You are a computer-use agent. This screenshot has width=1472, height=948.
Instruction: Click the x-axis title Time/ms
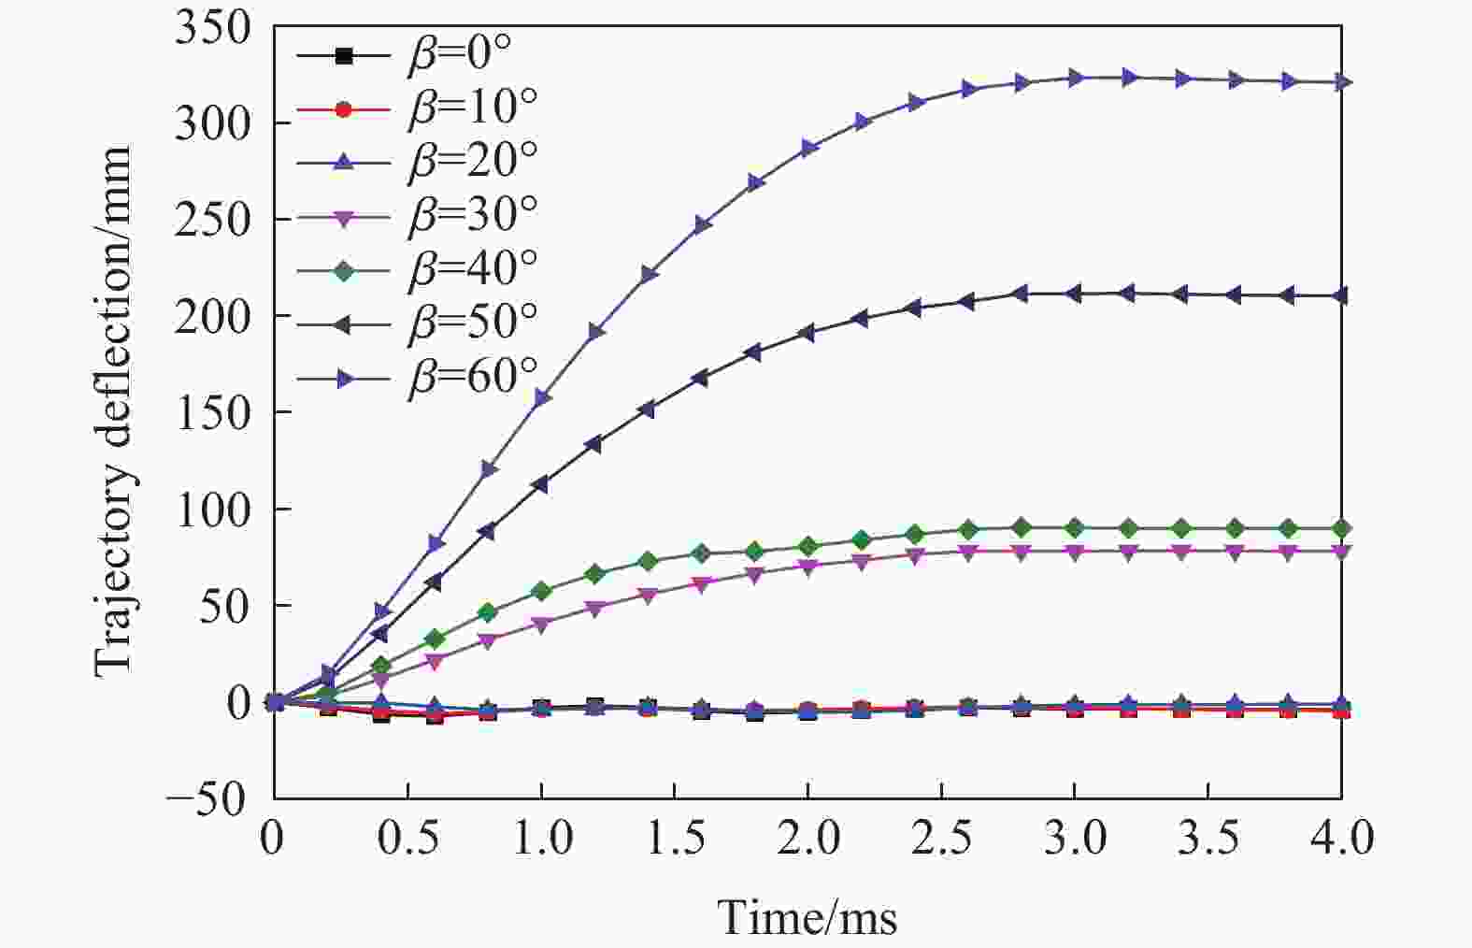pos(807,918)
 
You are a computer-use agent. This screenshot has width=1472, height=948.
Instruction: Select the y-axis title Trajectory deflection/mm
pos(114,411)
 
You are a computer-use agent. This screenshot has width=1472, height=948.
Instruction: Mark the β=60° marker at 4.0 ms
pos(1342,82)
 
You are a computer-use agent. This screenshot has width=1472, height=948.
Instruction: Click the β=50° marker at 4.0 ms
pos(1342,296)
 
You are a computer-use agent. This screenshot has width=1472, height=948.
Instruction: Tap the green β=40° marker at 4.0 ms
pos(1342,528)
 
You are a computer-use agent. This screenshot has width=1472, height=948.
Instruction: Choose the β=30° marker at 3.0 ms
pos(1075,552)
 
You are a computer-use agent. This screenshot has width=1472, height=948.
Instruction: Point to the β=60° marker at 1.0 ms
pos(541,398)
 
